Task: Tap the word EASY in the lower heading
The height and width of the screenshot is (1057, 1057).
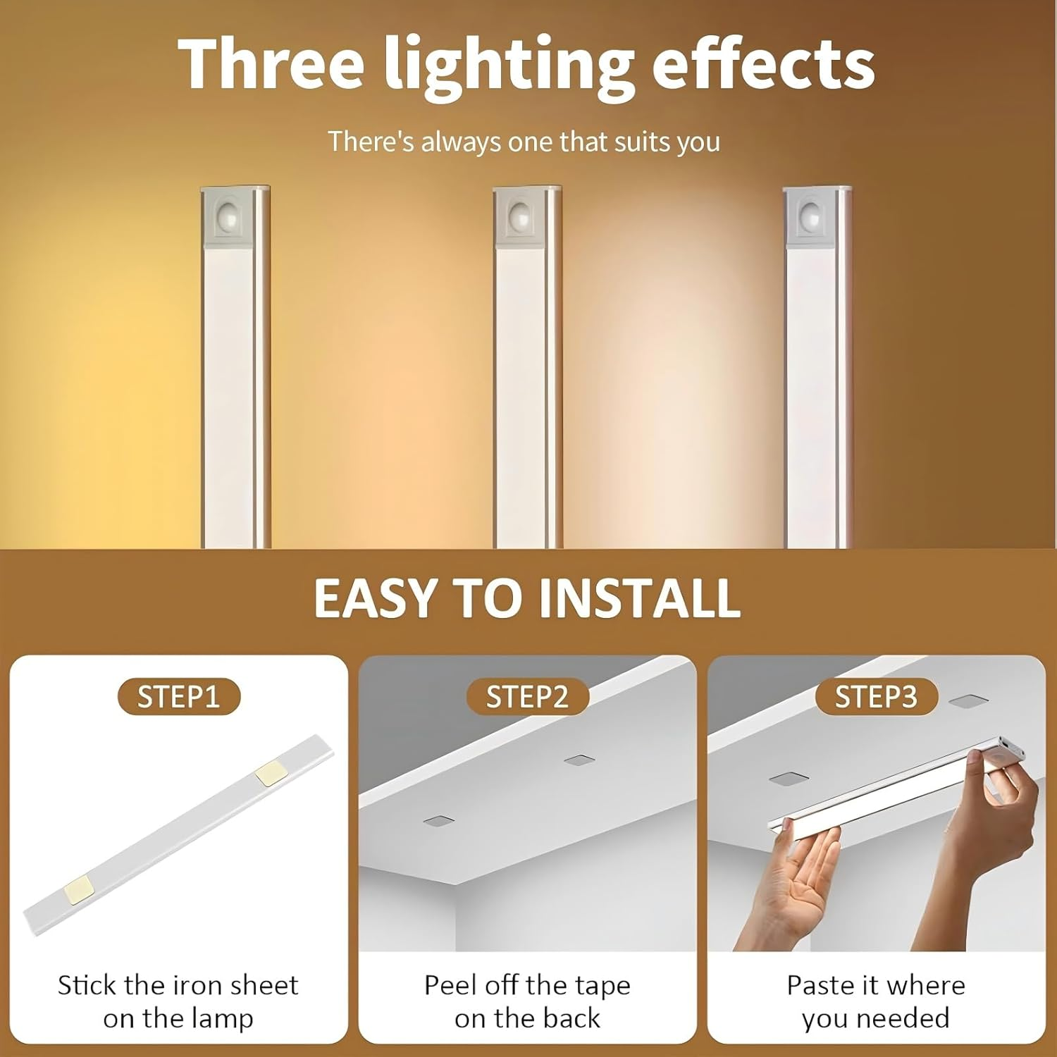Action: (x=374, y=598)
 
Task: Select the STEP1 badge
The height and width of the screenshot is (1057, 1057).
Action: (x=179, y=697)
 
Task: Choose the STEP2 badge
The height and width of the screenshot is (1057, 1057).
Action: (x=527, y=697)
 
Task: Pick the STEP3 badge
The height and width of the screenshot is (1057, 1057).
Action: (x=876, y=697)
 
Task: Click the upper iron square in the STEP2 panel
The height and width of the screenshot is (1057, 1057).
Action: (x=580, y=761)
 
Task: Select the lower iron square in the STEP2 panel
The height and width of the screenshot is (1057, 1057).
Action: (x=438, y=821)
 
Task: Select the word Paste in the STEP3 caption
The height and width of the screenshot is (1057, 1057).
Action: (x=817, y=985)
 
